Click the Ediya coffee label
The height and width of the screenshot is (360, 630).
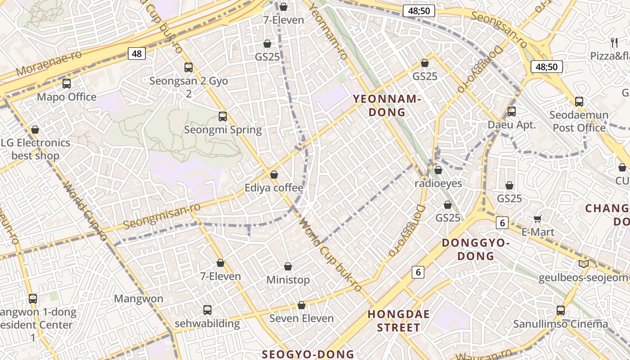[274, 188]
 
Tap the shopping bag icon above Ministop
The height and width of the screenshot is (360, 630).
[288, 267]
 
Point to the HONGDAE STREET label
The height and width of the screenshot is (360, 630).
[399, 320]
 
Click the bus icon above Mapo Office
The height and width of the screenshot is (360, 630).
[67, 84]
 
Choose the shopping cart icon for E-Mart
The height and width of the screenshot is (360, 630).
[537, 219]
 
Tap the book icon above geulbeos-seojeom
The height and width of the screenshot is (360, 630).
[584, 264]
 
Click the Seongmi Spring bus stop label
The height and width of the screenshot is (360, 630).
[223, 130]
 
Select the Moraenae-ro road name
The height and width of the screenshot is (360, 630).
[49, 63]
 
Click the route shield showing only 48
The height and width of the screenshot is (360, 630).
[137, 54]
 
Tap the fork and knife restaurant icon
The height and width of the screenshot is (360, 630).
[614, 43]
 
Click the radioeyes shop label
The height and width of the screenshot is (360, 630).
[438, 184]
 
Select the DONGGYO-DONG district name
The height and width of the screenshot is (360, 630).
[476, 249]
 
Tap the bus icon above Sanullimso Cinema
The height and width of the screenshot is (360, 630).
[561, 310]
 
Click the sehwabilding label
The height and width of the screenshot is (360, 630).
[207, 324]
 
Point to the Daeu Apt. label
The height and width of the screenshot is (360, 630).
[512, 125]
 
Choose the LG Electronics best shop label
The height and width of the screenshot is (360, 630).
[36, 149]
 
